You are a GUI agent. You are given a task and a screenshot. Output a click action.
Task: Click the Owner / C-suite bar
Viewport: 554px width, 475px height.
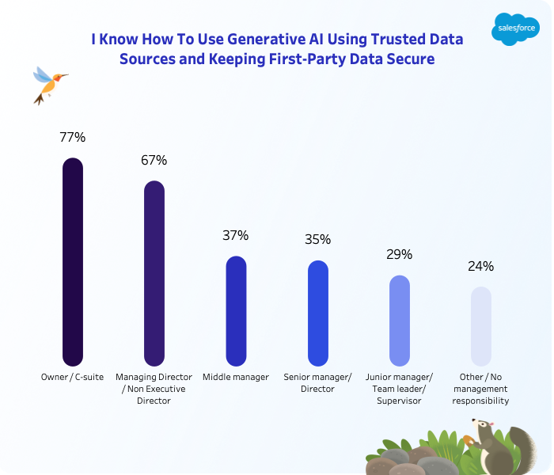72,261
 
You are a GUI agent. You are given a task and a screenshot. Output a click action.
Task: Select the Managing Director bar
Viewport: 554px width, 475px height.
154,273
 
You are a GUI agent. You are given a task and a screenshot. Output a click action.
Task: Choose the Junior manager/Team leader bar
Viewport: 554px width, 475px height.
400,320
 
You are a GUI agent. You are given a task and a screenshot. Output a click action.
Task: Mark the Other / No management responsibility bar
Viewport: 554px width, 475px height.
480,325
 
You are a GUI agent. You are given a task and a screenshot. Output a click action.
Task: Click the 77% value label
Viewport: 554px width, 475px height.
72,137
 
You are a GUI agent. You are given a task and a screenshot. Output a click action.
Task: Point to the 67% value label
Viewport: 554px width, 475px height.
154,160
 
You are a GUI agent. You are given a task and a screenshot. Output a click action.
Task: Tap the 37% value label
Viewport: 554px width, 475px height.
236,235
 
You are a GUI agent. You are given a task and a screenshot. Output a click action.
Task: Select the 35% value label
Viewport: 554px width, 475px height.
317,239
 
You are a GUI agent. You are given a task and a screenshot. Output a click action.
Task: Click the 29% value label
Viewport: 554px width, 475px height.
400,254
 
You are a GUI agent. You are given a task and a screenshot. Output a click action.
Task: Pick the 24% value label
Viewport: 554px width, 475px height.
480,266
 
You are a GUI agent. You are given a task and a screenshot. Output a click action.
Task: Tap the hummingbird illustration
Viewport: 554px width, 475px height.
47,83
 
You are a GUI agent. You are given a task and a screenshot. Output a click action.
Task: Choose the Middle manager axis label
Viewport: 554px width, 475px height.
236,377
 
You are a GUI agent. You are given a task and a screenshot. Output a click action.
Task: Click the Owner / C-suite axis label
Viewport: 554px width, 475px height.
72,377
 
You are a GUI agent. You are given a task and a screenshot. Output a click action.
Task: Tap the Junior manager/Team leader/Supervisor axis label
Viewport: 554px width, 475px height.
400,389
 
